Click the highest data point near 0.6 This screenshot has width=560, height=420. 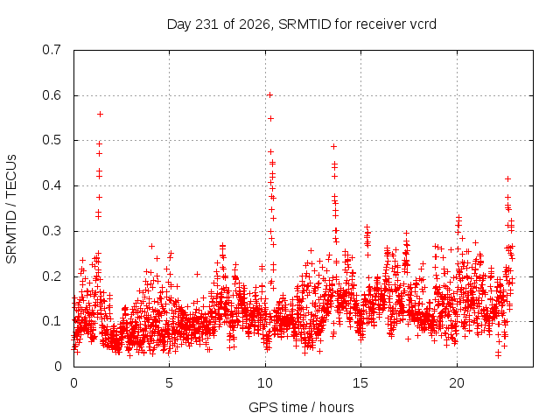[x=270, y=95]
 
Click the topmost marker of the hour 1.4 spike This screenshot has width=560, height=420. [x=101, y=115]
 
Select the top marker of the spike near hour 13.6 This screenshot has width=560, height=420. [x=334, y=146]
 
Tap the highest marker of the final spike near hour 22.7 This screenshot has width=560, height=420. [x=507, y=178]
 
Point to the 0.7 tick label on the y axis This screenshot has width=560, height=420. [x=52, y=50]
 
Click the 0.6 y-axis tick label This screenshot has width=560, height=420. [x=52, y=95]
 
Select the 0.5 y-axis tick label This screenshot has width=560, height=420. [x=52, y=140]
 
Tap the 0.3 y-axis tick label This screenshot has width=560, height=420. [x=52, y=231]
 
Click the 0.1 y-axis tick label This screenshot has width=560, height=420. [x=52, y=321]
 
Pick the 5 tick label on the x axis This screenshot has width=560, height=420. [x=169, y=383]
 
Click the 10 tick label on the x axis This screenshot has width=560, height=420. [x=265, y=383]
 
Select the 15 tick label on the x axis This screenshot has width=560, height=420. [x=360, y=383]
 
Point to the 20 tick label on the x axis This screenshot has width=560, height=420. [x=457, y=383]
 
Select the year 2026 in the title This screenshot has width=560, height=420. [x=255, y=24]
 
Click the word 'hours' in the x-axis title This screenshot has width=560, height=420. [x=336, y=407]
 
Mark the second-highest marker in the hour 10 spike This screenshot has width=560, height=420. [x=270, y=119]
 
